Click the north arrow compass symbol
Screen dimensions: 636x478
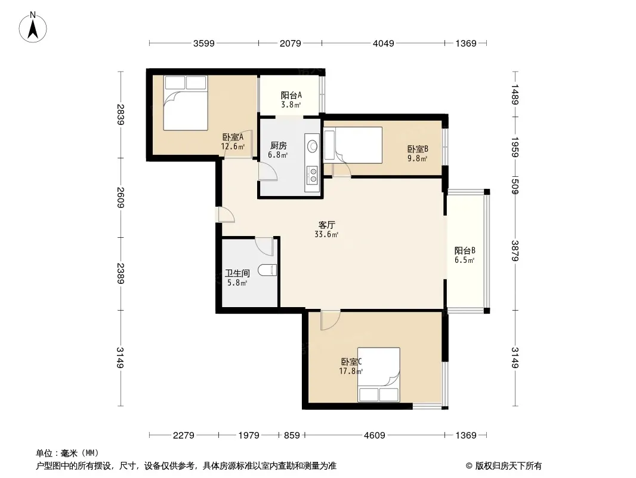pos(33,27)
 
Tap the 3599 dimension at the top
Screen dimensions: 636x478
pos(203,44)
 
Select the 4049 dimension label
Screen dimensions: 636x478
pos(383,44)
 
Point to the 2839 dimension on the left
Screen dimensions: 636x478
pos(120,115)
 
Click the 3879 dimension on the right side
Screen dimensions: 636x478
pos(515,251)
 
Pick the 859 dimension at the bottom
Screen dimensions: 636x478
pos(292,436)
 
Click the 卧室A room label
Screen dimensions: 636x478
pos(233,137)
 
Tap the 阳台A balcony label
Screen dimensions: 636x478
pos(291,96)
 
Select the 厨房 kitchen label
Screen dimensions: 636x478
pos(278,145)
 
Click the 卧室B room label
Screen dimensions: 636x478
pos(418,149)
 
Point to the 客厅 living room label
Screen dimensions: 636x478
pos(326,225)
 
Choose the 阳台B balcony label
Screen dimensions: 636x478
pos(465,250)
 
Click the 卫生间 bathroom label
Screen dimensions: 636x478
pos(237,273)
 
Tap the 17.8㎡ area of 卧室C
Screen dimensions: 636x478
pos(351,371)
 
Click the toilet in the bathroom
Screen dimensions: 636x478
pos(267,270)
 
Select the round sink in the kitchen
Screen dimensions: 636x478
pos(313,146)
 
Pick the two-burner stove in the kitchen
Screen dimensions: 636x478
pos(313,175)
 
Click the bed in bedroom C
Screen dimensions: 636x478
pos(378,375)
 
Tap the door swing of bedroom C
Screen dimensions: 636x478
pos(330,320)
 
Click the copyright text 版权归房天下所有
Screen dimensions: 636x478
pos(508,466)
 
